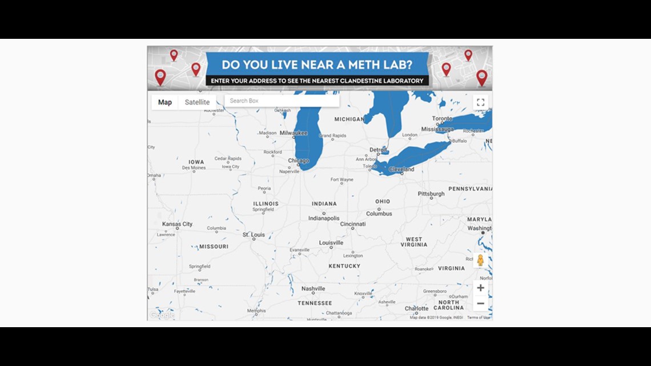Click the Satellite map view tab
197,102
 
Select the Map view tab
165,102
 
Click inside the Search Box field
282,100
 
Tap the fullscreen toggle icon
480,102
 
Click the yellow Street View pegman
480,260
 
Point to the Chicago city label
299,161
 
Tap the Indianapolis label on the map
324,218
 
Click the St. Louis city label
254,235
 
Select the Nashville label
313,289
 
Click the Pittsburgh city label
431,194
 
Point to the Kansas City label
178,224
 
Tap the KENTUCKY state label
344,266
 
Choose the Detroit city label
378,150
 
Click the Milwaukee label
294,133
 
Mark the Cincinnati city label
353,224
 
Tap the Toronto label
442,119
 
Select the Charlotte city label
416,308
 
